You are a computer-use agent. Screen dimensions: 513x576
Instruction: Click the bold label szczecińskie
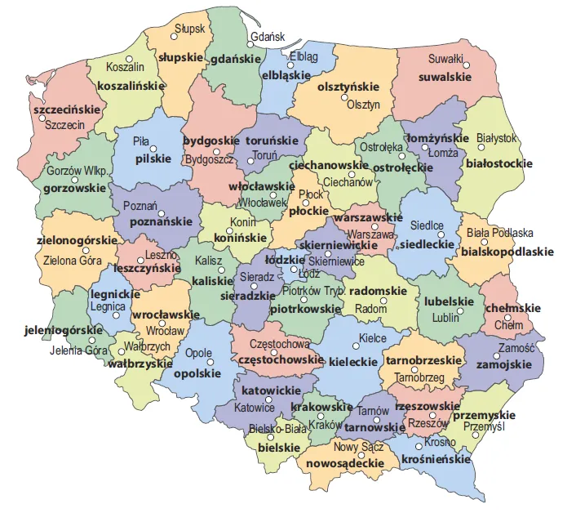tap(66, 109)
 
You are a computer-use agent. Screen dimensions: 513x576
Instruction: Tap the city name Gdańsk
tap(268, 37)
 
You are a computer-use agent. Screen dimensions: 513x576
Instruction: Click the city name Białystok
tap(497, 138)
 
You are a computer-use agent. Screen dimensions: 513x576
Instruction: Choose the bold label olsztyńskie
tap(348, 86)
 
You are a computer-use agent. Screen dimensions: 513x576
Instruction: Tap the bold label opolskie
tap(197, 372)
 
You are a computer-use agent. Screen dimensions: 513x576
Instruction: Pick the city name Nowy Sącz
tap(359, 446)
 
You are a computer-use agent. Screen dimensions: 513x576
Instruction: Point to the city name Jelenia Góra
tap(78, 351)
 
